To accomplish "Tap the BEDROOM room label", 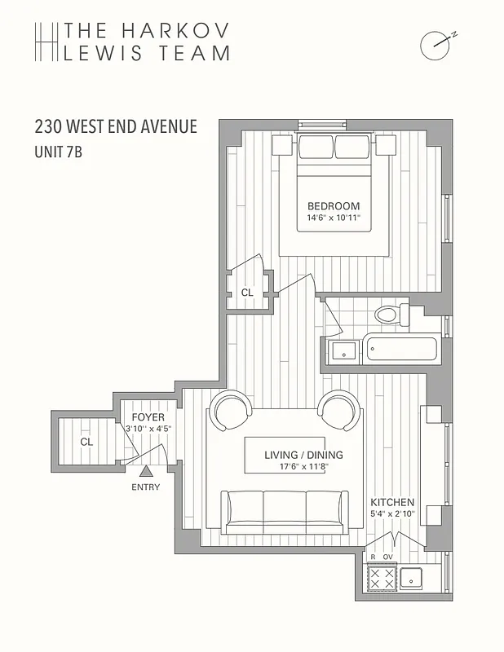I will click(333, 206).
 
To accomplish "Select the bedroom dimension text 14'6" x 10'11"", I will click(333, 218).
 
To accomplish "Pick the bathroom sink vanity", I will click(343, 351).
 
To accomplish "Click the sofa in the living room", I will click(284, 511).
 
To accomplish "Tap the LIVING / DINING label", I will click(303, 455).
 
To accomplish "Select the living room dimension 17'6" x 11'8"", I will click(303, 467).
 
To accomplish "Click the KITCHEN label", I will click(392, 502).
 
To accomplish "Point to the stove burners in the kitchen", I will click(382, 579).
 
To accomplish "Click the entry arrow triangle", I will click(146, 470).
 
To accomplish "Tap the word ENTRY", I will click(146, 487).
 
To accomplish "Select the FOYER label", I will click(148, 417).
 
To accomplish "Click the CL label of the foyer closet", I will click(86, 442).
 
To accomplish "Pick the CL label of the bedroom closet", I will click(247, 293).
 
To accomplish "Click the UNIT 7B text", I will click(58, 152).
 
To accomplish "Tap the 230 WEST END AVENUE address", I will click(116, 127).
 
